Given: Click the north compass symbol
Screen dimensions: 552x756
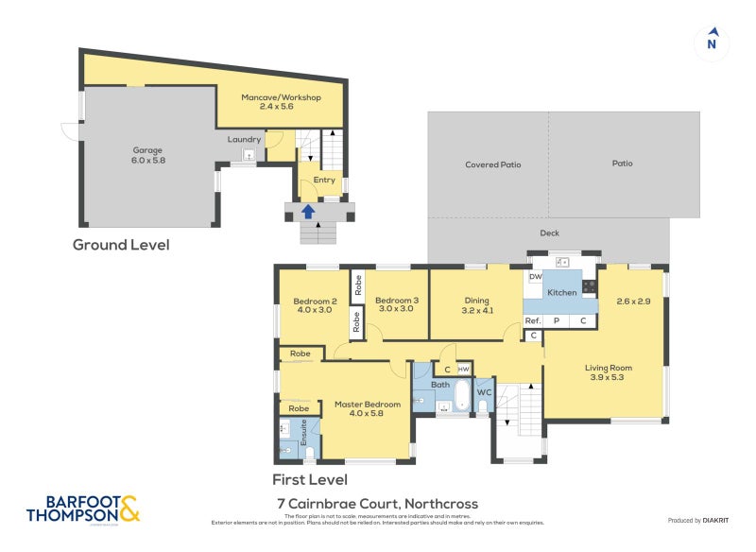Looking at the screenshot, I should point(712,43).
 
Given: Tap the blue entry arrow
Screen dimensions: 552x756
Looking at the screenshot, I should point(308,211).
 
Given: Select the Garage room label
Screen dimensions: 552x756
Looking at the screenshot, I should point(146,155).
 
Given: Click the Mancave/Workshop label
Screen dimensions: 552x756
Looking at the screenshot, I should point(281,103).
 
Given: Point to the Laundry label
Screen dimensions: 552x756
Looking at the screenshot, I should point(244,140).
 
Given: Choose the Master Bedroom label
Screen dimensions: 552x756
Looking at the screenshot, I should point(368,409).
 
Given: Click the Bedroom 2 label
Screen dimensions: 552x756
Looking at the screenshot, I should point(315,305).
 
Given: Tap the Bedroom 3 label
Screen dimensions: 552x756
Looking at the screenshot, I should point(396,305).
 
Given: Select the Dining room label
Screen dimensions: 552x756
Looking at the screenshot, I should point(477,305).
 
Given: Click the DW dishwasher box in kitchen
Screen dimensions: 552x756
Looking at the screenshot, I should point(535,278).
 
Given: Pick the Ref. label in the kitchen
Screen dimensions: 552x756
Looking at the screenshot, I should point(532,321).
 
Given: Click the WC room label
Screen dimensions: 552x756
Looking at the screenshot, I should point(483,392).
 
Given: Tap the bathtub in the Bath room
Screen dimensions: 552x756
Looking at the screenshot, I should point(462,398).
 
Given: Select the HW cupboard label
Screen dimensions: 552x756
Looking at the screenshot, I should point(463,369).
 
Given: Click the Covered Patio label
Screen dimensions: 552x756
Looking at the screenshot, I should point(492,164).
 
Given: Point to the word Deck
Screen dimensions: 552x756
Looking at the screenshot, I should point(550,233).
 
